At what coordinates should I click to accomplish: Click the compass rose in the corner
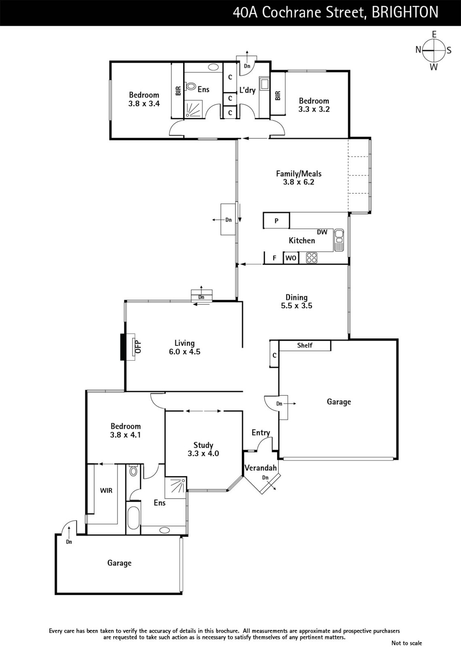click(434, 51)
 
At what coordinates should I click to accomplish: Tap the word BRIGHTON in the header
click(405, 13)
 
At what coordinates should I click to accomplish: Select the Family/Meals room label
click(299, 173)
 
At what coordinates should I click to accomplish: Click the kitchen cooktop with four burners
click(312, 258)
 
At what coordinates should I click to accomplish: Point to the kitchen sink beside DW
click(338, 240)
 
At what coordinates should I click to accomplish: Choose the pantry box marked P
click(276, 220)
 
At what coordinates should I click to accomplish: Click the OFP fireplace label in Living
click(138, 347)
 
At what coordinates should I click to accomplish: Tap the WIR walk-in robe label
click(106, 490)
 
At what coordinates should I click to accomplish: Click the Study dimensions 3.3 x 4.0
click(203, 453)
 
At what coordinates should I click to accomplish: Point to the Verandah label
click(260, 467)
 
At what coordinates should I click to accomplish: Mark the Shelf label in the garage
click(305, 345)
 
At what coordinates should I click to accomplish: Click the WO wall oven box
click(291, 258)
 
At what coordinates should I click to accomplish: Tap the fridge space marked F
click(275, 258)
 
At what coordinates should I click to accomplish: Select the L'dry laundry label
click(247, 90)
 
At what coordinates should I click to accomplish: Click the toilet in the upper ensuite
click(190, 86)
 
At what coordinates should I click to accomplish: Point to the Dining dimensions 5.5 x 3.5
click(297, 306)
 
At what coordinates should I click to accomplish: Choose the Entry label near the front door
click(261, 432)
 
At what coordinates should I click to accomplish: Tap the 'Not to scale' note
click(407, 643)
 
